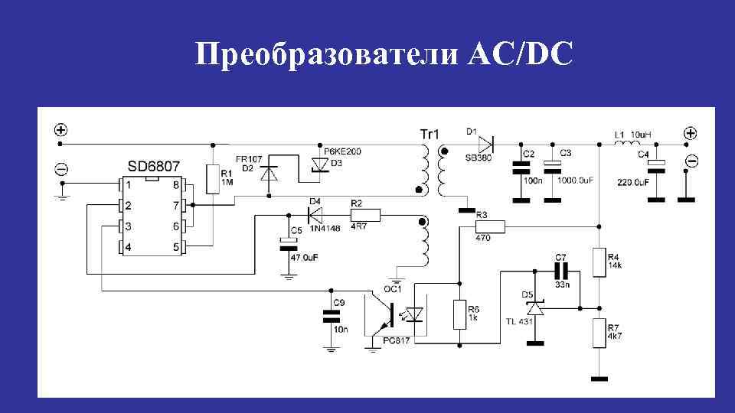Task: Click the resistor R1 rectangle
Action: click(x=213, y=180)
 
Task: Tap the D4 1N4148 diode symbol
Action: click(x=314, y=214)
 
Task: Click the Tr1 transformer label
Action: click(x=429, y=134)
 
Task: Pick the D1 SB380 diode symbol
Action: click(x=485, y=143)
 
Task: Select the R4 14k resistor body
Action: click(x=599, y=262)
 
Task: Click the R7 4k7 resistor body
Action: click(x=599, y=333)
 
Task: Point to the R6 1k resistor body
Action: click(x=459, y=314)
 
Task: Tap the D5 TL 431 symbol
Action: click(x=534, y=307)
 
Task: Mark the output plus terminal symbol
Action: click(x=691, y=133)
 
